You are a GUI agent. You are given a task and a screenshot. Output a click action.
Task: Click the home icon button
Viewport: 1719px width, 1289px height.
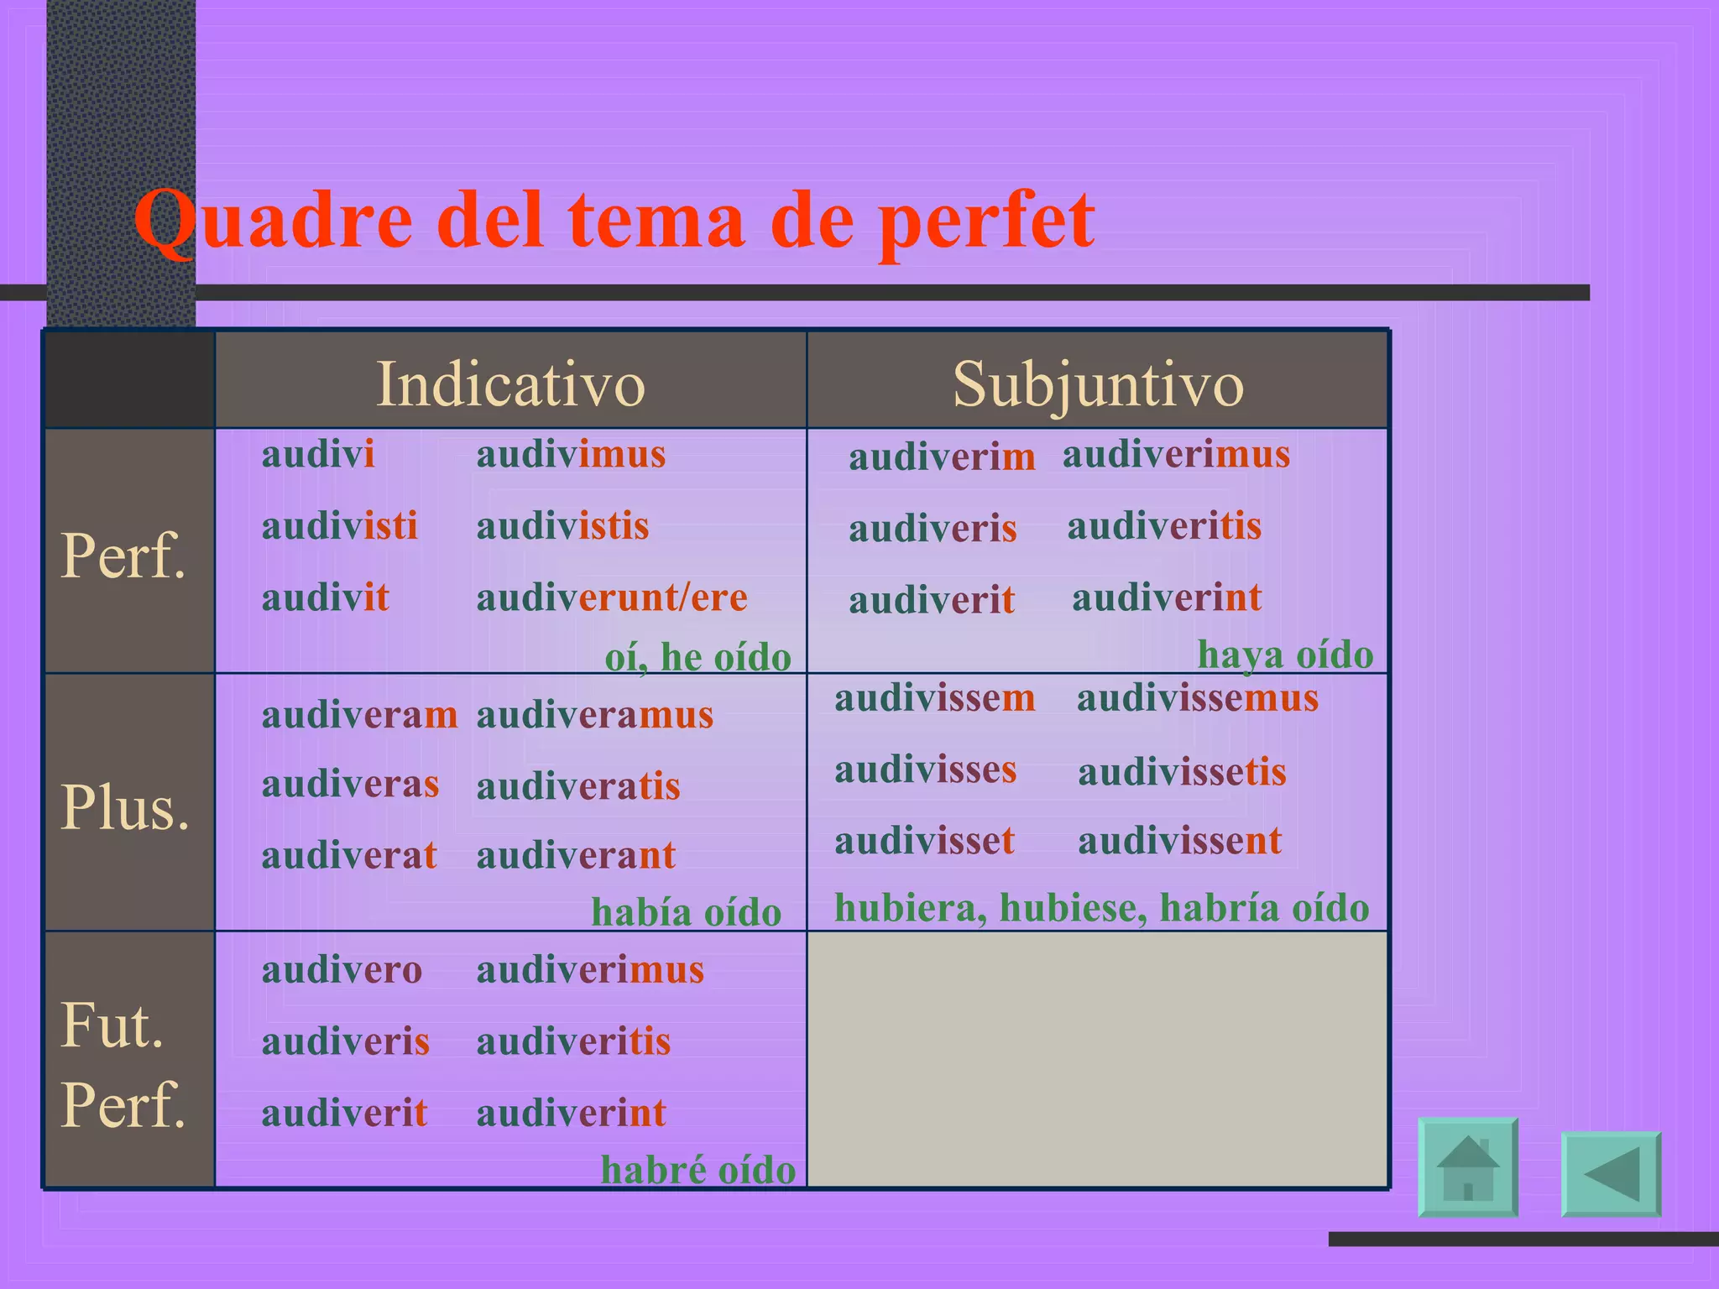pos(1467,1166)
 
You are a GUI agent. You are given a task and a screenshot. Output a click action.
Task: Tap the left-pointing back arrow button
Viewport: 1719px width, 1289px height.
pos(1611,1173)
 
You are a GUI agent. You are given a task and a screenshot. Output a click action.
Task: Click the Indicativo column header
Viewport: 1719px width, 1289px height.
pos(510,384)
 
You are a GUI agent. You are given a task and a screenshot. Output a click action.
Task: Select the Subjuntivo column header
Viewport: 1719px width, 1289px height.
pos(1098,384)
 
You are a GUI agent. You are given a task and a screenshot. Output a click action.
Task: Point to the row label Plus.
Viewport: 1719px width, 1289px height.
pos(125,807)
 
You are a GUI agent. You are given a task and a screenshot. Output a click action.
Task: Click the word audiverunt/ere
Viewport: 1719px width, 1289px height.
pos(612,598)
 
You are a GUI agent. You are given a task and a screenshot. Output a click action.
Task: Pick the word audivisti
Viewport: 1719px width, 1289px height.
pos(339,526)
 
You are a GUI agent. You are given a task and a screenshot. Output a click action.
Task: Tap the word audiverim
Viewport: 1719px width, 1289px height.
pos(942,457)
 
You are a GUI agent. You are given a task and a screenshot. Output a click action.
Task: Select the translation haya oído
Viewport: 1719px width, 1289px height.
pos(1285,654)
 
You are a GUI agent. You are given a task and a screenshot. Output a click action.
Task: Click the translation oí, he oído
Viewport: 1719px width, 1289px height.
pos(698,656)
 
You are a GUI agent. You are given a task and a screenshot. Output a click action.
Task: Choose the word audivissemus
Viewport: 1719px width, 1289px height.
pos(1198,698)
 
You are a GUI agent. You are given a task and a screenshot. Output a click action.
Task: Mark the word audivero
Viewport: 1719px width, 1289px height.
pos(342,970)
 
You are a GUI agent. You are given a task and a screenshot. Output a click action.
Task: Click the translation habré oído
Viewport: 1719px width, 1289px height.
pos(698,1170)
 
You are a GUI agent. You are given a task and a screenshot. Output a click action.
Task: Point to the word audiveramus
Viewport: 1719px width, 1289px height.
pos(594,715)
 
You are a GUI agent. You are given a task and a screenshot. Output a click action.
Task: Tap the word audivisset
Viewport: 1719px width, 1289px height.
pos(924,841)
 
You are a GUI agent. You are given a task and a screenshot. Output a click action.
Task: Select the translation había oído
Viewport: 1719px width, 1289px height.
pos(686,912)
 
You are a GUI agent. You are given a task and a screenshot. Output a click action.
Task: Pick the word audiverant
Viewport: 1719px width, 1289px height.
pos(576,856)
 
